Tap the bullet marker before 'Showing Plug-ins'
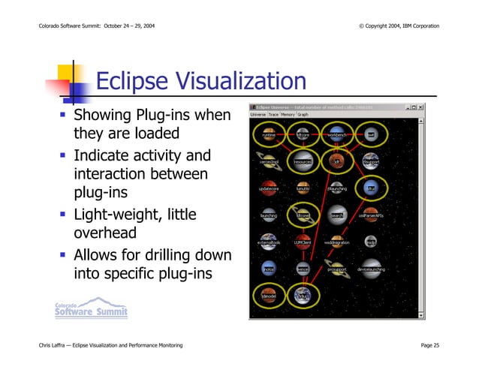64,116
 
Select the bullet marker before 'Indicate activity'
64,157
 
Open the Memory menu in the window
289,115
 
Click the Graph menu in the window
303,115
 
